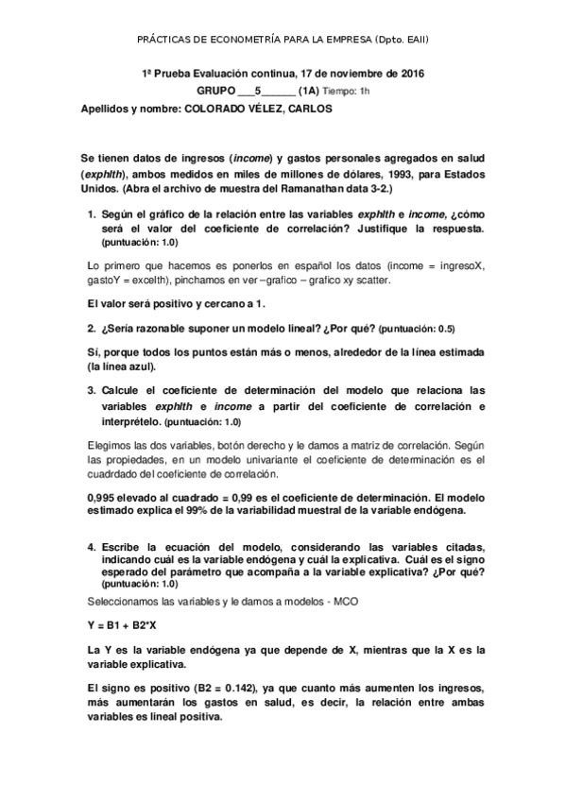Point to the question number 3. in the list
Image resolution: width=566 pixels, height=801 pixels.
pos(92,389)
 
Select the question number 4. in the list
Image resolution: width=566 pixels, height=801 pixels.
pos(92,548)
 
